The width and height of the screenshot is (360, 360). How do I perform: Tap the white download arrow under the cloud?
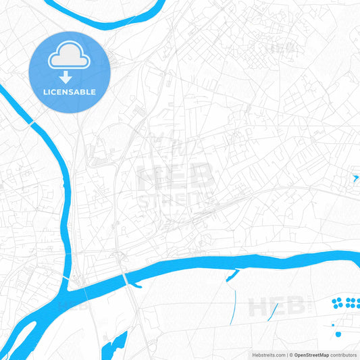[x=69, y=77]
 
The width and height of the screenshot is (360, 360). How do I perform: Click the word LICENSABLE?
[x=69, y=92]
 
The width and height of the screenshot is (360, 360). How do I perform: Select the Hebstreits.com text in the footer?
[x=266, y=355]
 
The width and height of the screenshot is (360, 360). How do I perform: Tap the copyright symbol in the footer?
[x=291, y=355]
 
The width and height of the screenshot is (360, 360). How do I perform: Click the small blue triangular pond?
[x=355, y=178]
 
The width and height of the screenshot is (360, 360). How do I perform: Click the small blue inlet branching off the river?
[x=233, y=275]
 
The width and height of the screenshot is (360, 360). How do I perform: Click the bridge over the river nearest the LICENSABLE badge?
[x=31, y=123]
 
